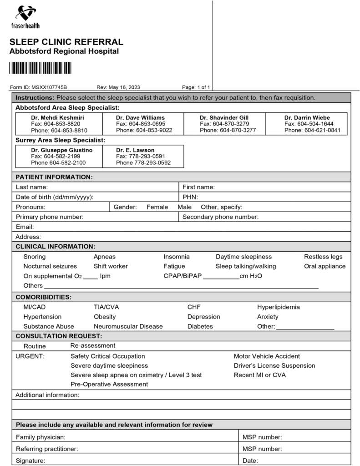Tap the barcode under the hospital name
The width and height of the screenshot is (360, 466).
pyautogui.click(x=41, y=68)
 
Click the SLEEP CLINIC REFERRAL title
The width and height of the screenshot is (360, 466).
pyautogui.click(x=66, y=42)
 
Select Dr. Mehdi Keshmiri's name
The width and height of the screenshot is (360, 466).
pyautogui.click(x=57, y=117)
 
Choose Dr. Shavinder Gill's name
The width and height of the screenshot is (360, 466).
pyautogui.click(x=224, y=117)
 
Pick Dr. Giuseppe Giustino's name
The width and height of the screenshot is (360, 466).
pyautogui.click(x=61, y=150)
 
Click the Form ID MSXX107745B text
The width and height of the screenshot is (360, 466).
pyautogui.click(x=38, y=87)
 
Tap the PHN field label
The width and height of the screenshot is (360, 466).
pyautogui.click(x=190, y=197)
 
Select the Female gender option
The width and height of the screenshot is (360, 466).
pyautogui.click(x=157, y=207)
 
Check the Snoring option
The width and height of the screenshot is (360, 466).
pyautogui.click(x=35, y=257)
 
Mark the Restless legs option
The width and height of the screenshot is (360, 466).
pyautogui.click(x=323, y=257)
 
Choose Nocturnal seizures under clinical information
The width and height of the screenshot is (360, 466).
pyautogui.click(x=50, y=266)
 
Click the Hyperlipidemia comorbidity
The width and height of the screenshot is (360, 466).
pyautogui.click(x=278, y=307)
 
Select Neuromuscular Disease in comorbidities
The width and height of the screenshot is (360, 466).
pyautogui.click(x=128, y=326)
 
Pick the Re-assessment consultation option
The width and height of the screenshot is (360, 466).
pyautogui.click(x=93, y=346)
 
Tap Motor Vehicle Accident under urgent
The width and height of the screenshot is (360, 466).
pyautogui.click(x=267, y=356)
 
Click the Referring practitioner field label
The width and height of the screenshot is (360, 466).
pyautogui.click(x=47, y=449)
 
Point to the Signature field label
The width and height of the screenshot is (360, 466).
pyautogui.click(x=30, y=461)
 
